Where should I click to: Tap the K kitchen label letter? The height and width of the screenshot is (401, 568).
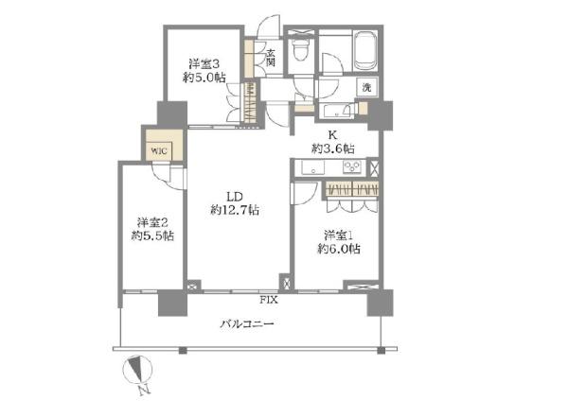[x=334, y=134]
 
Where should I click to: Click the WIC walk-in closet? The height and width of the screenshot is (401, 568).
[x=156, y=148]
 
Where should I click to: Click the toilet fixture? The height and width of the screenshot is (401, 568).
[x=302, y=50]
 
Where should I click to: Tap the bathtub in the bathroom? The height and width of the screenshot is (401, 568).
[x=365, y=49]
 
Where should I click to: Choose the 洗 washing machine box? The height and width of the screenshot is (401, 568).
[x=364, y=87]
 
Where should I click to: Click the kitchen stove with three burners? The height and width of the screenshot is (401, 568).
[x=353, y=168]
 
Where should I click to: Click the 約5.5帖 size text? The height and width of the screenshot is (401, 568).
[x=152, y=236]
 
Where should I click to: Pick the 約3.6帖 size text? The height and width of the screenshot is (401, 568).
[x=334, y=148]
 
